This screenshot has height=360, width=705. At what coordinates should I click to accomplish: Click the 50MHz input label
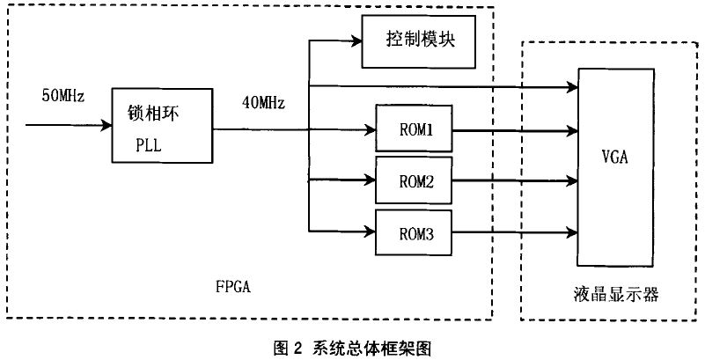point(62,96)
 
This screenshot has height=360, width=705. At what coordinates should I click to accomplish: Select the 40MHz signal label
point(263,105)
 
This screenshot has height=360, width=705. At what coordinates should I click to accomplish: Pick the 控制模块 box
point(419,40)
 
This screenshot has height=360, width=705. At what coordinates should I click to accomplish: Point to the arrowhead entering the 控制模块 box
point(357,41)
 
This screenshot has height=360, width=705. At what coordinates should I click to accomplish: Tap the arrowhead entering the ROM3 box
point(371,233)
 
